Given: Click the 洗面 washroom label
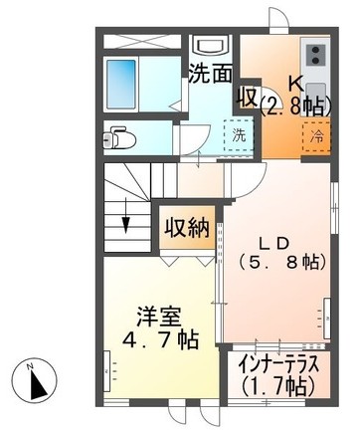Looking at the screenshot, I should point(211,74).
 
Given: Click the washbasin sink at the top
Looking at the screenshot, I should point(211,47).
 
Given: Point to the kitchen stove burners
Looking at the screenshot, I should point(316,56).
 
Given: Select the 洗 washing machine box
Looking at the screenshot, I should point(239,134).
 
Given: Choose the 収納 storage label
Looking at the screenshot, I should point(186,227).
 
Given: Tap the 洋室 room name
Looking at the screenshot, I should point(158,318).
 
